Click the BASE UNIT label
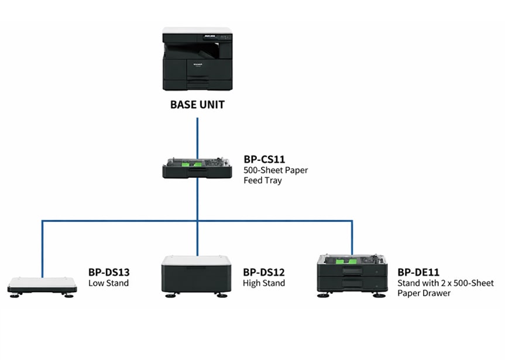pos(197,105)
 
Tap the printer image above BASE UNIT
pos(197,61)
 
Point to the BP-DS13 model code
pos(109,272)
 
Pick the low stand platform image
pos(42,287)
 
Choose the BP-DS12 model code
pos(264,272)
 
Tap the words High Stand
pos(264,283)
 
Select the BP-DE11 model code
pos(418,272)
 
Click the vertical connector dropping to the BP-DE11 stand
pos(352,237)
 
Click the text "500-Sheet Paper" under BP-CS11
pos(276,170)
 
